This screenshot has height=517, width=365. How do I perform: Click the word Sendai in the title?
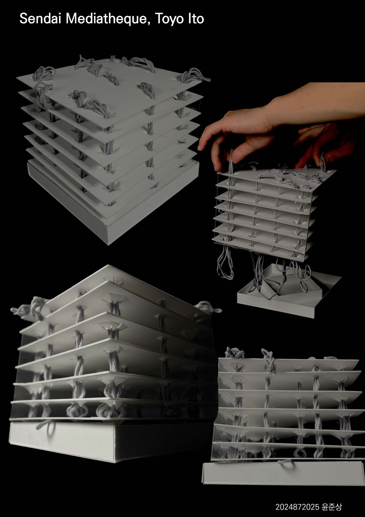coord(40,18)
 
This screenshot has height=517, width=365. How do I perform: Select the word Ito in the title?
coord(196,19)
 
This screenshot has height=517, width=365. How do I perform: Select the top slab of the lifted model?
coord(277,179)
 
